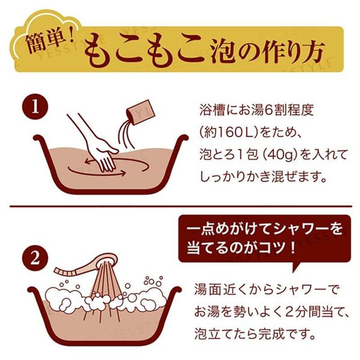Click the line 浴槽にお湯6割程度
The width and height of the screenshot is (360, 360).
pos(255,110)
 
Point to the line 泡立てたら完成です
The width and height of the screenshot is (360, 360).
pos(254,333)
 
